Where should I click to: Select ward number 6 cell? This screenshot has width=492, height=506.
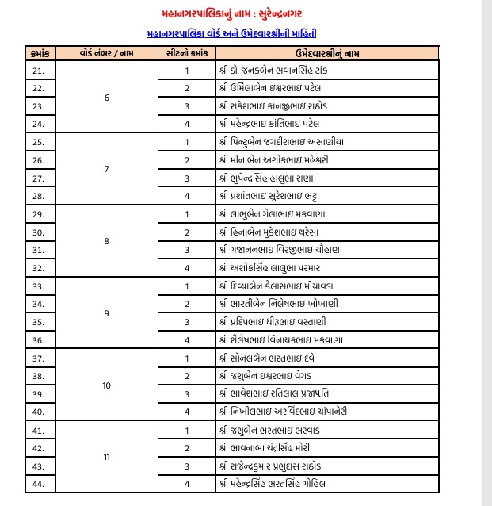[106, 98]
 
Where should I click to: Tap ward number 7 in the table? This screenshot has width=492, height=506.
[106, 169]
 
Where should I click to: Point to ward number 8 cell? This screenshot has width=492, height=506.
[106, 240]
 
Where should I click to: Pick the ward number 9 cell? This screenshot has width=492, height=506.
[106, 312]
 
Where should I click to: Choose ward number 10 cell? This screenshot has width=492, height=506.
[106, 385]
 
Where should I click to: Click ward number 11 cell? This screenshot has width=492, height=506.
[106, 457]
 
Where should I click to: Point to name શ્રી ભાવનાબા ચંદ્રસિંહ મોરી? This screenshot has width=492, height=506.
[270, 447]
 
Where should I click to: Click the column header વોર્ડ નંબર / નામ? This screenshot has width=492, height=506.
[106, 52]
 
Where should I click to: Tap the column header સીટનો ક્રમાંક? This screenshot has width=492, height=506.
[187, 52]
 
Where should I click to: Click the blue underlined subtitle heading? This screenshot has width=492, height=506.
[246, 33]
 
